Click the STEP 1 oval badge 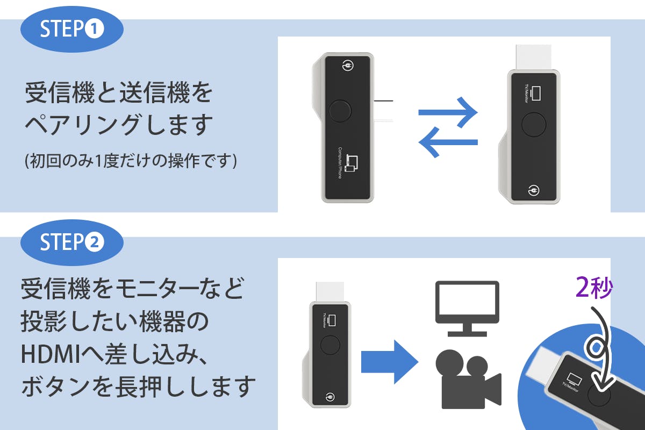72,30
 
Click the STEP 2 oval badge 72,243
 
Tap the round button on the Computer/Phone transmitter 339,111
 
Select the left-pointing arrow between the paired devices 448,142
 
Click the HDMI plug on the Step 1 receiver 533,57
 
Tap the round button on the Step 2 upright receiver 329,344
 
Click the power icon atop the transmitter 347,67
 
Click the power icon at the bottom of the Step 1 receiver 533,190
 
